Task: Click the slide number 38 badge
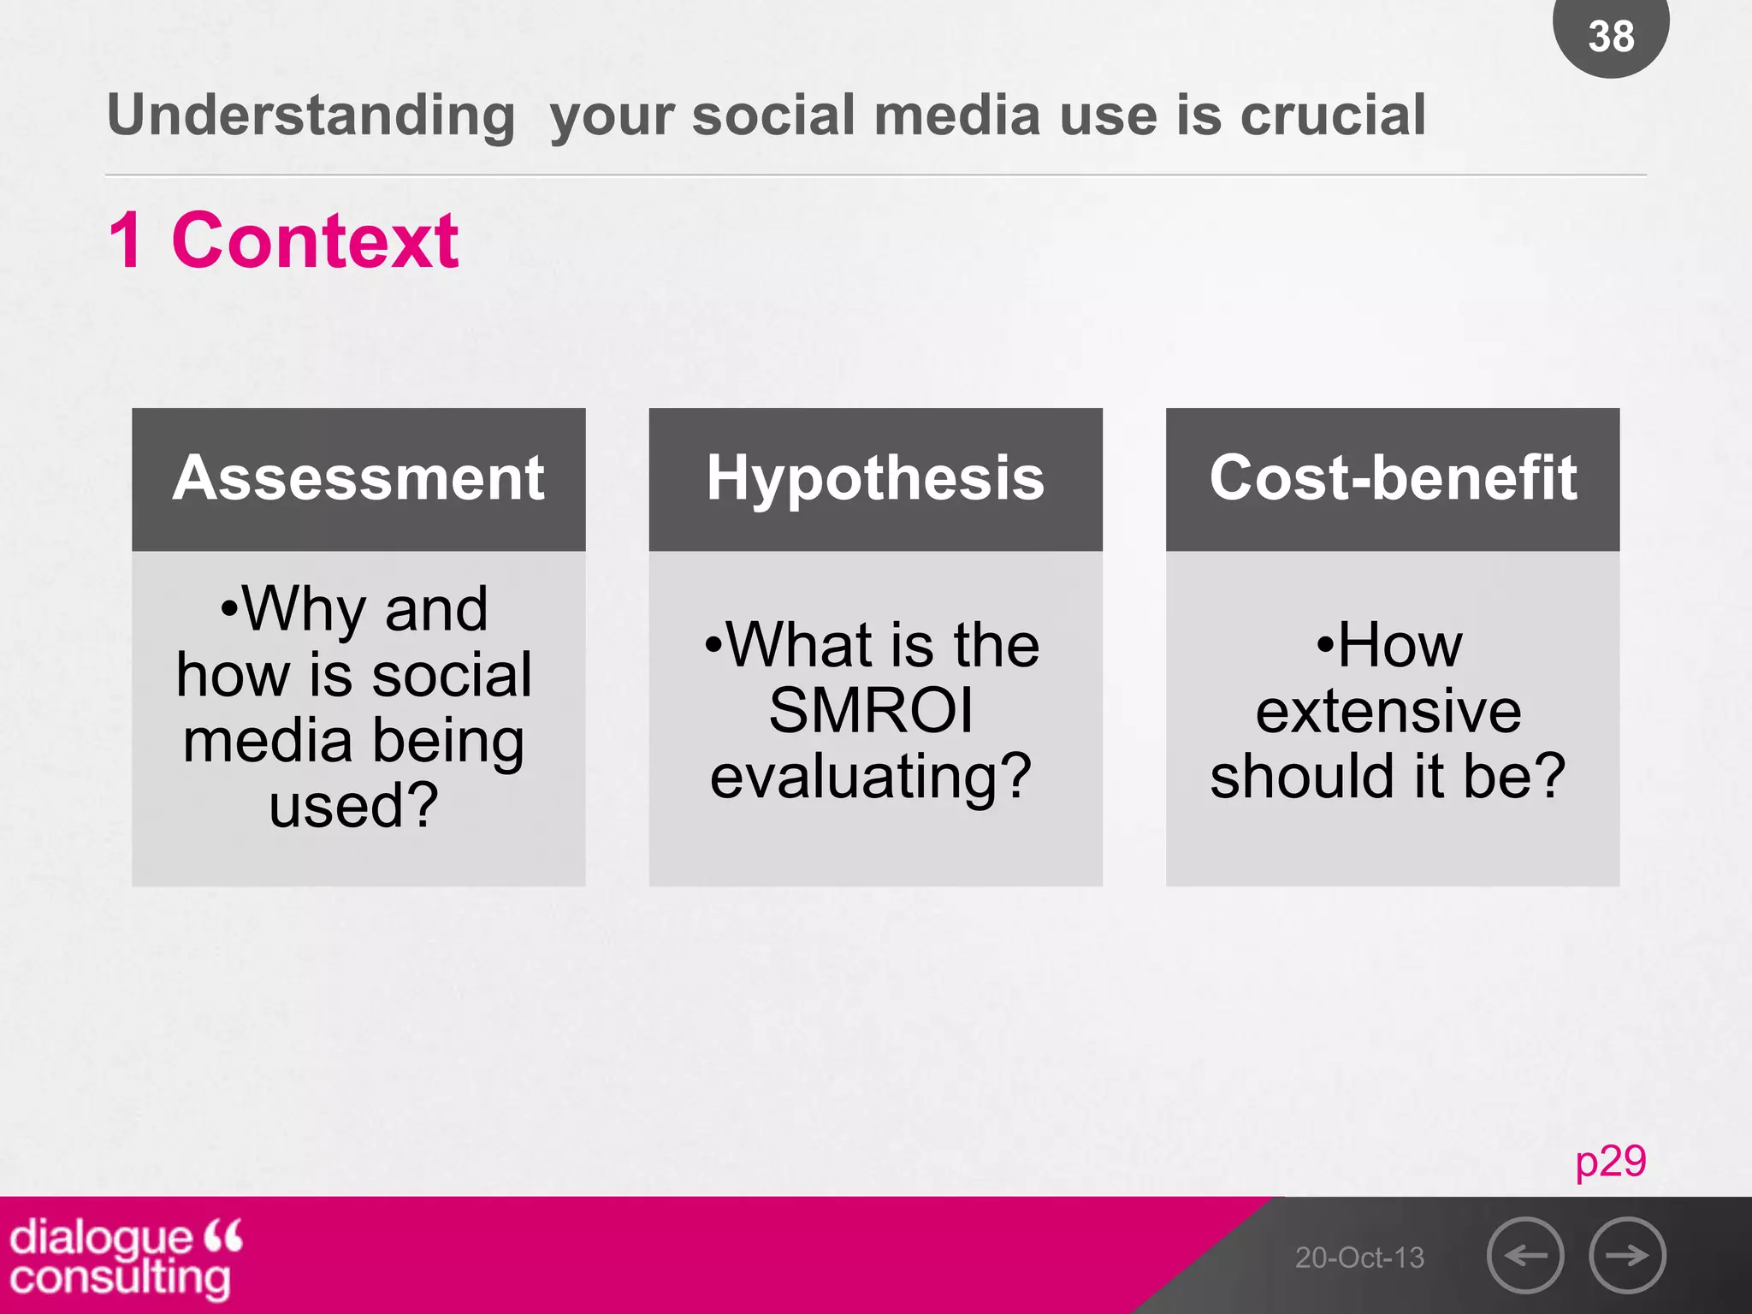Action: click(x=1611, y=36)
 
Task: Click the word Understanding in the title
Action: click(x=311, y=115)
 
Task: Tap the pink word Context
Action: click(x=315, y=241)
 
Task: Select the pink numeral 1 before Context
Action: click(x=127, y=241)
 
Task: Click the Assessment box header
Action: click(x=358, y=479)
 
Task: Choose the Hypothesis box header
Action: click(x=875, y=479)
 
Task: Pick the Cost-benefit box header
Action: click(x=1393, y=479)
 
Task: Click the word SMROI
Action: click(x=871, y=711)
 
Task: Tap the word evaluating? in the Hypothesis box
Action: click(x=871, y=777)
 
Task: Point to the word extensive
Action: click(x=1388, y=711)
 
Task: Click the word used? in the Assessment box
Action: click(x=353, y=806)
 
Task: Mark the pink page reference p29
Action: click(x=1610, y=1162)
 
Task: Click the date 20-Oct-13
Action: click(x=1359, y=1258)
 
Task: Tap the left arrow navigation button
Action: click(x=1525, y=1255)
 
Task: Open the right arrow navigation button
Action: click(x=1627, y=1255)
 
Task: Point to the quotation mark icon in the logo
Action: click(x=224, y=1235)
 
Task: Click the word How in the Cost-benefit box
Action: click(x=1400, y=645)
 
